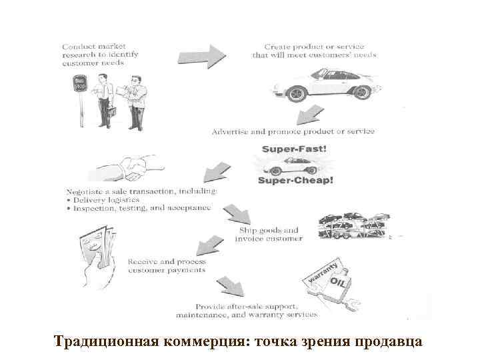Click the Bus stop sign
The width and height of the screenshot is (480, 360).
pyautogui.click(x=80, y=85)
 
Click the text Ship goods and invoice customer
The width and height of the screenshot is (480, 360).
pyautogui.click(x=271, y=234)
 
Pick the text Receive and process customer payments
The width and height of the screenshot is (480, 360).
pyautogui.click(x=167, y=266)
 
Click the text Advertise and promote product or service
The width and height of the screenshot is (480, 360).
pyautogui.click(x=293, y=132)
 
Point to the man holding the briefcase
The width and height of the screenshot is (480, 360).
pyautogui.click(x=105, y=100)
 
